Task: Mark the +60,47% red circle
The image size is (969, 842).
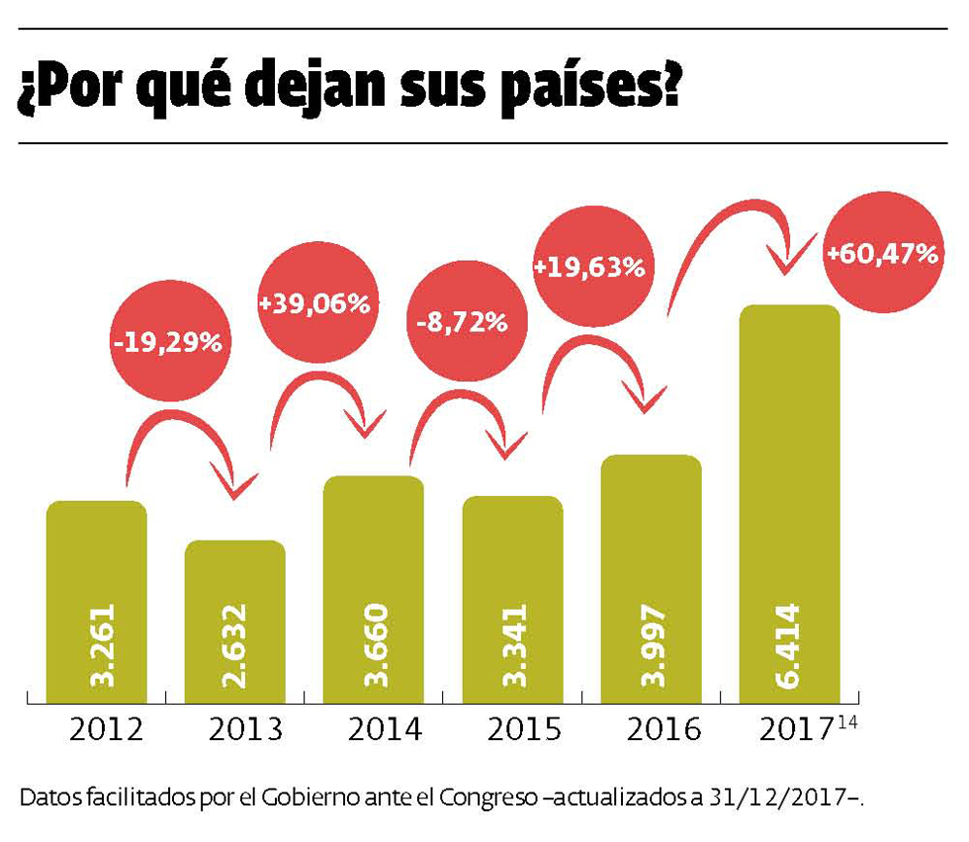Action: pos(882,254)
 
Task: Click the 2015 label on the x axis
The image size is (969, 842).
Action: pos(524,730)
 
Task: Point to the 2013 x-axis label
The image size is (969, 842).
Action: pos(246,730)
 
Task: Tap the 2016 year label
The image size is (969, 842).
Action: pos(663,730)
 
